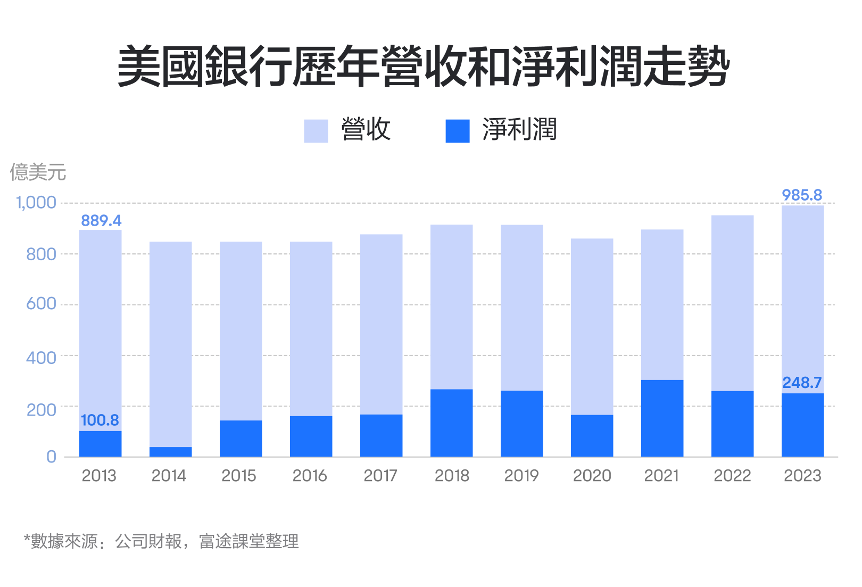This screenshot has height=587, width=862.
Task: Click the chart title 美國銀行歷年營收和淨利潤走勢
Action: click(x=424, y=67)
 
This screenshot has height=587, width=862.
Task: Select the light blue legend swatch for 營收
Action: click(x=316, y=131)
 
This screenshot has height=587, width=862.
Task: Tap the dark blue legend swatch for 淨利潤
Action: click(x=457, y=131)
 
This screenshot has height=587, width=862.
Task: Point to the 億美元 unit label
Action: click(x=38, y=172)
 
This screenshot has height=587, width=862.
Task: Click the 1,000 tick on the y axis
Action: click(x=36, y=203)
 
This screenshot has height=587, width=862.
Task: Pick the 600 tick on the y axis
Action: click(x=41, y=304)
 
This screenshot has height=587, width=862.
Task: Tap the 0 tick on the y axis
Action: click(x=51, y=457)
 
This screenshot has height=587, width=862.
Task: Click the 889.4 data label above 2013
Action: click(x=101, y=220)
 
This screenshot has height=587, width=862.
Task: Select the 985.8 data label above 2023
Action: click(x=801, y=195)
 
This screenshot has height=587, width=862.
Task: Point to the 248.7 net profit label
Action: click(x=801, y=383)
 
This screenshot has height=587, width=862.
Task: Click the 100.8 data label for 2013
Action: click(x=100, y=420)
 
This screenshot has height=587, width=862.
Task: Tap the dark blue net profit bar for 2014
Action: click(x=170, y=452)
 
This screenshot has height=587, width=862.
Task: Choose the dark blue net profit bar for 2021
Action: click(x=662, y=418)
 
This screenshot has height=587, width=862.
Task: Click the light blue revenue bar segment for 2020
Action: click(x=592, y=326)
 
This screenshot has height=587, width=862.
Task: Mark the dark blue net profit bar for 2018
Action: click(x=451, y=423)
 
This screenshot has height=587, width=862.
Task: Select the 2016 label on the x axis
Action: click(x=310, y=476)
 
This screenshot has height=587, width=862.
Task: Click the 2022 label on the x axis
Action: click(x=732, y=476)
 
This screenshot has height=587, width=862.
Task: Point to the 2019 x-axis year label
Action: click(x=521, y=476)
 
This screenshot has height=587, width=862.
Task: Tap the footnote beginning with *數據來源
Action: click(x=161, y=542)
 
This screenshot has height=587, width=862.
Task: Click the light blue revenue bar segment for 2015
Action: click(x=241, y=330)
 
